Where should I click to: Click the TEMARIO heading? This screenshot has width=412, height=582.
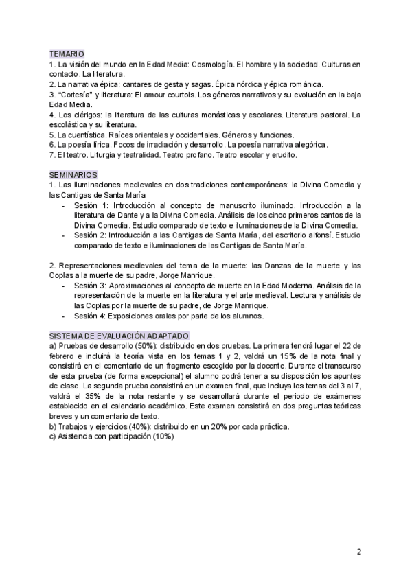[67, 53]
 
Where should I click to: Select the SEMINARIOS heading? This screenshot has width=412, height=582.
[73, 175]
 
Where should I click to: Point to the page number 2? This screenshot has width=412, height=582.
[359, 551]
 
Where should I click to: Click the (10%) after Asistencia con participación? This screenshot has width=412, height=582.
[161, 436]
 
